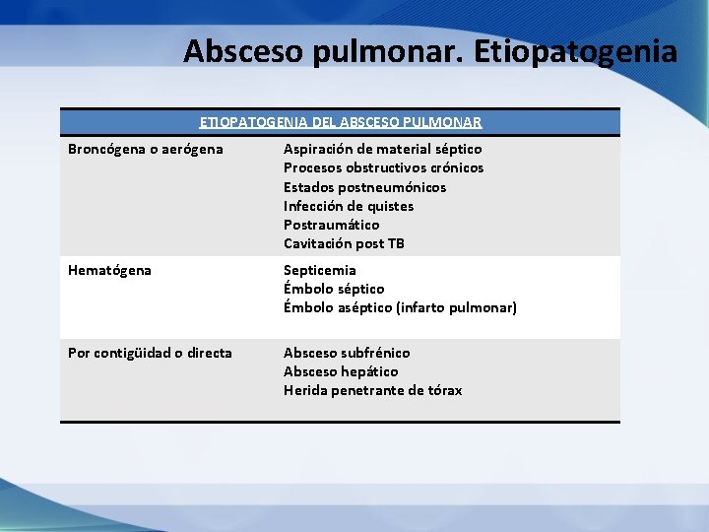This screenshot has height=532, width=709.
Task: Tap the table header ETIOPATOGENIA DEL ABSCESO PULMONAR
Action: [340, 122]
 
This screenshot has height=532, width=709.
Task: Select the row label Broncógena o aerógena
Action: [145, 149]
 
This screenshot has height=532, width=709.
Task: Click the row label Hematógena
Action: [109, 270]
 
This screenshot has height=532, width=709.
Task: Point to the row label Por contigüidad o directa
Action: [150, 353]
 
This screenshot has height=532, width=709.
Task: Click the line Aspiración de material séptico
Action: [382, 149]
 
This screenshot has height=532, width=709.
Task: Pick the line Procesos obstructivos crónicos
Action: [383, 167]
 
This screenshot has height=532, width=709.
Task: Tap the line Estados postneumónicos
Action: [364, 187]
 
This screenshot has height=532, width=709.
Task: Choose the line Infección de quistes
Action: [349, 206]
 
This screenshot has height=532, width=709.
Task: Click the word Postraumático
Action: [331, 225]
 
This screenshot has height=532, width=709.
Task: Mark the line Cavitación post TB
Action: [344, 243]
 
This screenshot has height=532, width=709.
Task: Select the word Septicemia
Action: [320, 270]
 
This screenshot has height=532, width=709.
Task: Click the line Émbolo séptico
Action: [334, 289]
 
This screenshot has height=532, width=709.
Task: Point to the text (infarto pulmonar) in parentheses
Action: [456, 307]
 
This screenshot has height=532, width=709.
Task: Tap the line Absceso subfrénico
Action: [347, 353]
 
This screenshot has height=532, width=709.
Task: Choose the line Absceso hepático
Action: [341, 371]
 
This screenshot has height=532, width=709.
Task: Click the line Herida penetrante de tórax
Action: [372, 390]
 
